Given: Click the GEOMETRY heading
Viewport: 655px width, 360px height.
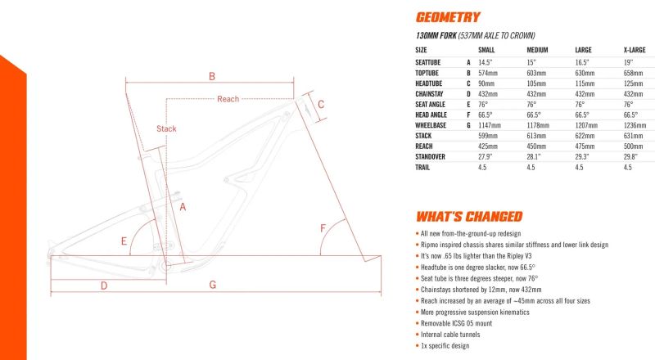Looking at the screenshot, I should [x=448, y=17].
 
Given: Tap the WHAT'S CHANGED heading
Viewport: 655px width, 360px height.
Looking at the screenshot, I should [x=469, y=217].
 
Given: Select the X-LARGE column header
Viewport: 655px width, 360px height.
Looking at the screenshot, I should [x=635, y=50].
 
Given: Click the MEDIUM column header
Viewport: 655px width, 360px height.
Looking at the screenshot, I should [x=537, y=50].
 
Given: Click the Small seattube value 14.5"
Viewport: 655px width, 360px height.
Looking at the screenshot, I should [x=485, y=62].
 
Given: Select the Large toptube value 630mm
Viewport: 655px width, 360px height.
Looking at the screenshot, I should [x=587, y=73].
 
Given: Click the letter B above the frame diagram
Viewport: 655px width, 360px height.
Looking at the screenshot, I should [x=211, y=76].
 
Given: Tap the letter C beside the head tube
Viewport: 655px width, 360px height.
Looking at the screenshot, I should [x=321, y=104].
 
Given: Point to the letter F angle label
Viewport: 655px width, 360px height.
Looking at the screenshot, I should [x=323, y=227].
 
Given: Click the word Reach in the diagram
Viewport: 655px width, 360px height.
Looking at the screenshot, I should [x=228, y=99].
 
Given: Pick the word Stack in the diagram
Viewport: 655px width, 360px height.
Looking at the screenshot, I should [x=166, y=128].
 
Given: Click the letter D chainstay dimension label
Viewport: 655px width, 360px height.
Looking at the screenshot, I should [x=104, y=285].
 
